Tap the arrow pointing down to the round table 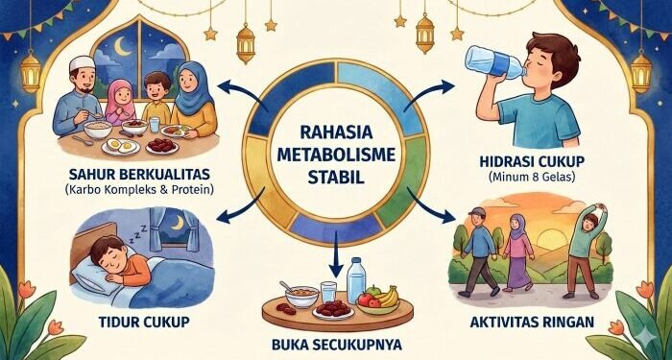(x=333, y=257)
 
